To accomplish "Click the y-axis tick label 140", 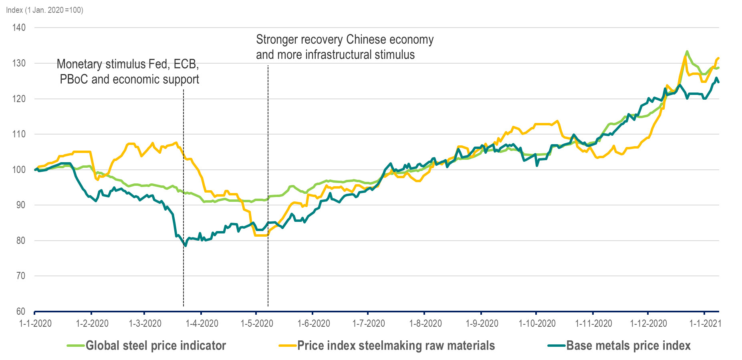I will [x=19, y=28].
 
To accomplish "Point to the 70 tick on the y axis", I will [x=20, y=276].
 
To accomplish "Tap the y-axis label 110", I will [x=19, y=134].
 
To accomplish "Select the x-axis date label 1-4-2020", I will [x=202, y=324].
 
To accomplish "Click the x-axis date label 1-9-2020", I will [x=482, y=324].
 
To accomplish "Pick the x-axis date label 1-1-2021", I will [x=705, y=324].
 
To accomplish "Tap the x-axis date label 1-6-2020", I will [x=314, y=324].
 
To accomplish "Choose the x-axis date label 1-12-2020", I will [x=648, y=324].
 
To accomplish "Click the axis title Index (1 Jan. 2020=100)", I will [x=44, y=10].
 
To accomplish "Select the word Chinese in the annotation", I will [x=367, y=40].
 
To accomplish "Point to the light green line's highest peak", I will [x=687, y=52].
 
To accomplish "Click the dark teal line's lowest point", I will [x=185, y=245].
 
